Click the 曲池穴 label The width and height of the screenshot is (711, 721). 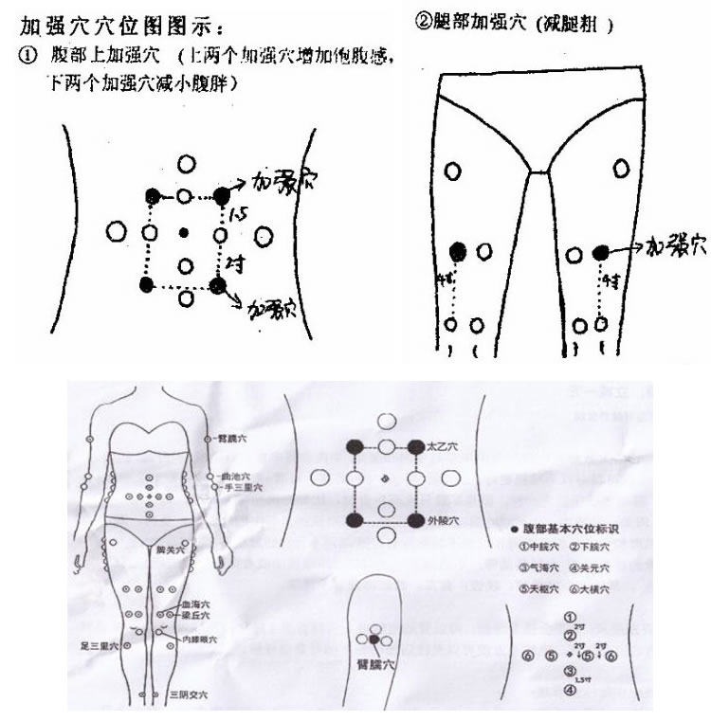point(235,475)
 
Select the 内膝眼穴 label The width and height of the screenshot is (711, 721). point(201,640)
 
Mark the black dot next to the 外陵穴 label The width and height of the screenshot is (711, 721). point(415,521)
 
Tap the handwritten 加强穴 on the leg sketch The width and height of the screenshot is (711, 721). point(676,248)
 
